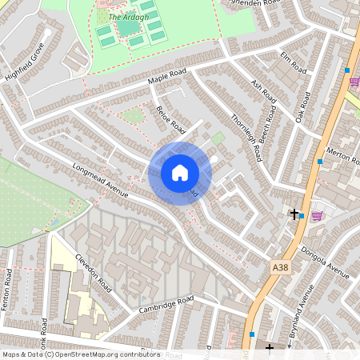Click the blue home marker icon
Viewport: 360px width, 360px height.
click(x=179, y=173)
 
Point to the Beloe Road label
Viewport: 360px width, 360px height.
click(x=170, y=120)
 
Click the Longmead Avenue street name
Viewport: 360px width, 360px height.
click(x=100, y=181)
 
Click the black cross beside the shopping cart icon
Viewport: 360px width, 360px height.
click(x=294, y=214)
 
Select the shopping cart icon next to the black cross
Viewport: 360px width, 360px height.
click(x=316, y=214)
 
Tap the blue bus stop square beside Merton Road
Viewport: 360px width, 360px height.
click(x=320, y=162)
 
